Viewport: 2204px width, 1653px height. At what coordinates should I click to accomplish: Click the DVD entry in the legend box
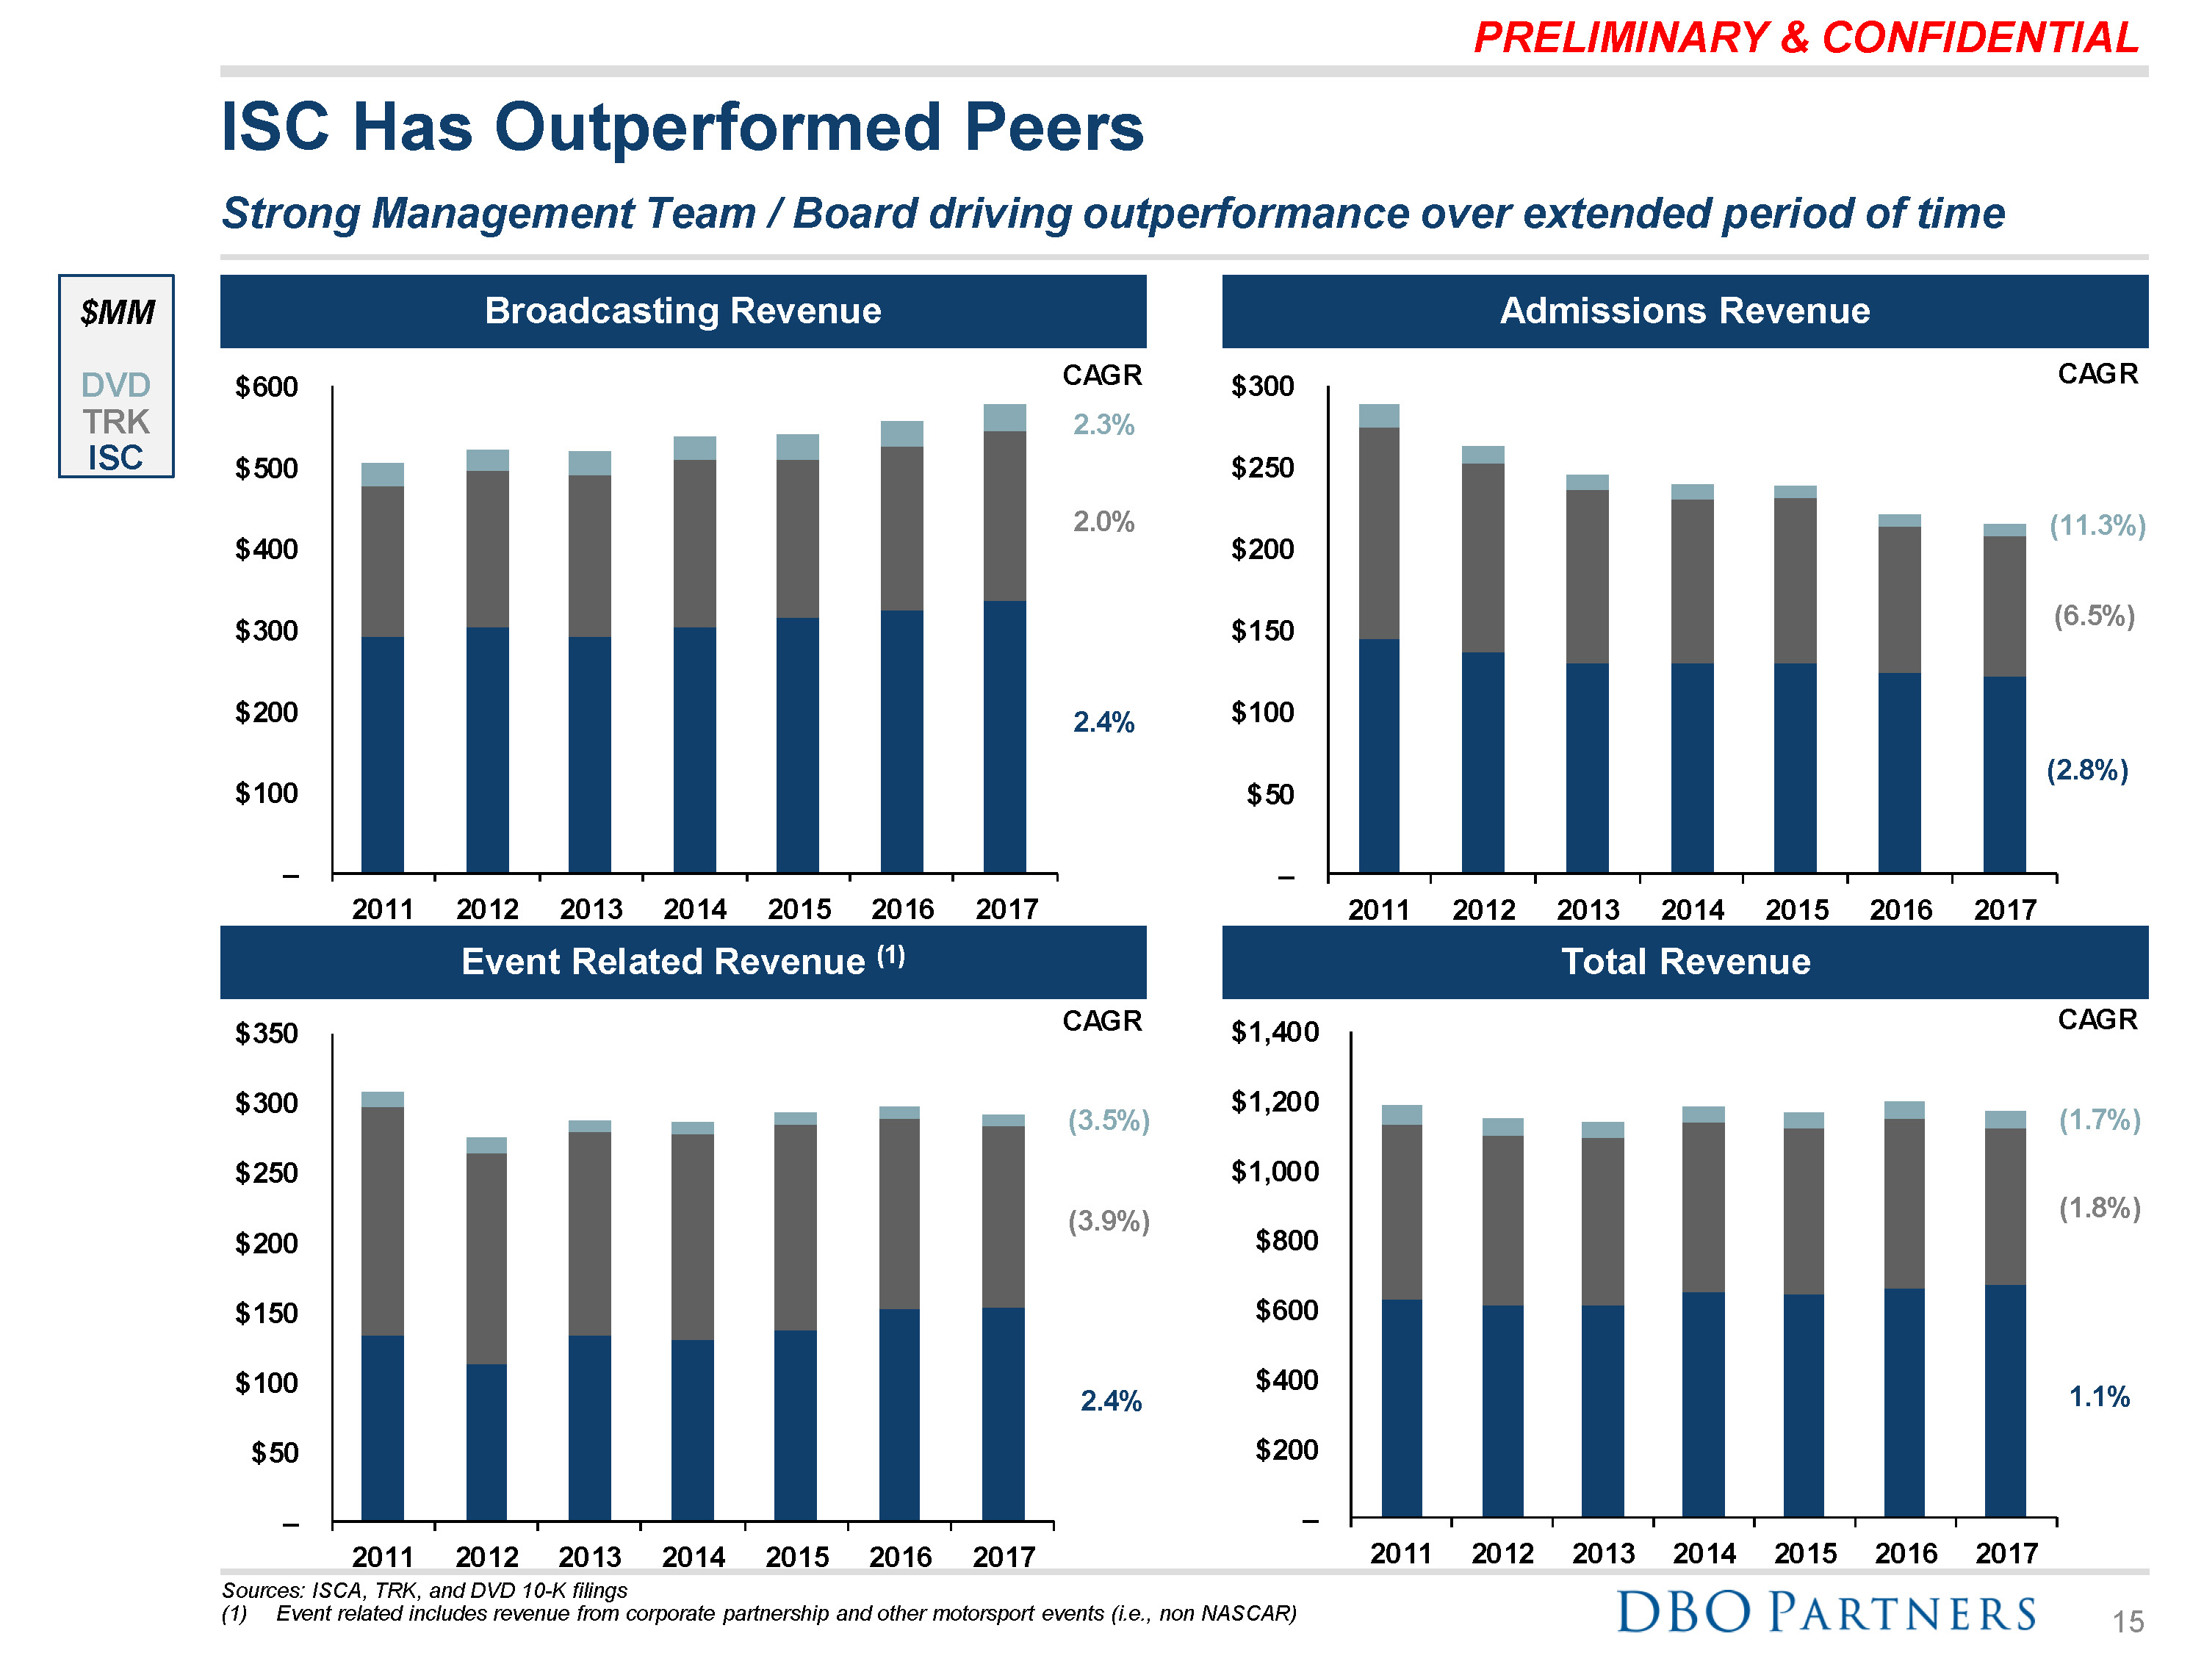[115, 385]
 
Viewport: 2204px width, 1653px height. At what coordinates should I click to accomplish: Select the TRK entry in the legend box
[115, 422]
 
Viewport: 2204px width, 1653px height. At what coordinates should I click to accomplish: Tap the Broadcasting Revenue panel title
[683, 311]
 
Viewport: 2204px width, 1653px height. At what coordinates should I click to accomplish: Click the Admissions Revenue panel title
[1684, 311]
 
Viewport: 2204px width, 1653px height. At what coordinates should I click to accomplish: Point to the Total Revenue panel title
[1684, 962]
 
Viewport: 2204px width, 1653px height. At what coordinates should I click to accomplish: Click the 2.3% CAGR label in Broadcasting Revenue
[1103, 425]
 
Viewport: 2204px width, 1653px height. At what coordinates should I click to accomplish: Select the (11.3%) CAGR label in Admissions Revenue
[2097, 525]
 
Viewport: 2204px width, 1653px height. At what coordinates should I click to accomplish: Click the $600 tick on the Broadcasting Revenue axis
[266, 386]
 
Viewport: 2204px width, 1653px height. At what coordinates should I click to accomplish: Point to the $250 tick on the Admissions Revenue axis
[1261, 467]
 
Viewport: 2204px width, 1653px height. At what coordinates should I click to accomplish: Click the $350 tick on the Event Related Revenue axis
[266, 1033]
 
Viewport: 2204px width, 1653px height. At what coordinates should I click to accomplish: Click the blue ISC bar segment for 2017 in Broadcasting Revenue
[1004, 738]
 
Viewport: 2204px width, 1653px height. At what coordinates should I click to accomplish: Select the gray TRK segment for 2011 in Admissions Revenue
[1378, 533]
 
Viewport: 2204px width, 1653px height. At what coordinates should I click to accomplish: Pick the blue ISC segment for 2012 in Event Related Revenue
[486, 1441]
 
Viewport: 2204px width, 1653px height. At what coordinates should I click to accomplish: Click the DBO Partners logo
[1826, 1611]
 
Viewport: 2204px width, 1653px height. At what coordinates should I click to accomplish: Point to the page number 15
[2128, 1622]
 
